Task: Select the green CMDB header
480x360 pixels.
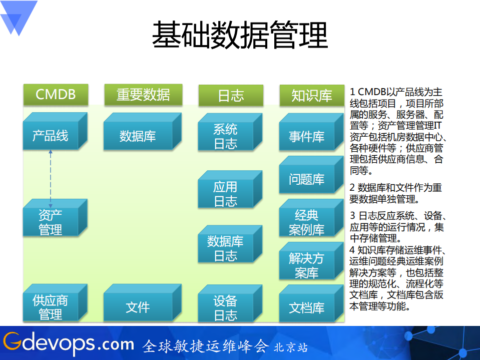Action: point(56,95)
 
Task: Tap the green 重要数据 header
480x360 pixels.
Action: point(143,95)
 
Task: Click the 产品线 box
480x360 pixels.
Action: point(51,136)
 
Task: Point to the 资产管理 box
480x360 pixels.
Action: point(51,222)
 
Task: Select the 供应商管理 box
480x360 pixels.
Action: point(51,307)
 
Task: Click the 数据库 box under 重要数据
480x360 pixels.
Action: point(138,136)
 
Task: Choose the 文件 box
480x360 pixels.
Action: point(138,307)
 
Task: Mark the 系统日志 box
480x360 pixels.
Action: point(225,137)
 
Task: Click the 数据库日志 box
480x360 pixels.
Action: point(225,249)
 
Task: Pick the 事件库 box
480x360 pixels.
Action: point(306,136)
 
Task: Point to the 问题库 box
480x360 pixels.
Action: point(306,179)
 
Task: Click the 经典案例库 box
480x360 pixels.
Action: point(306,223)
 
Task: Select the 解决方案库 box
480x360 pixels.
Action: point(306,266)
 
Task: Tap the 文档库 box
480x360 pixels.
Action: point(306,307)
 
